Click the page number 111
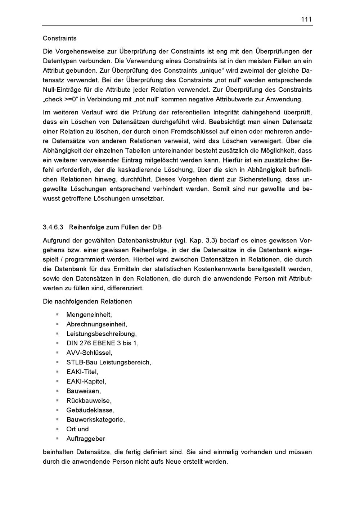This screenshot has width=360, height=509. click(306, 19)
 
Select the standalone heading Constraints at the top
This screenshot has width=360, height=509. click(59, 38)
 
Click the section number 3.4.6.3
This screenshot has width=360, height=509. click(53, 227)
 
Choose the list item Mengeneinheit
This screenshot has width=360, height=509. click(89, 315)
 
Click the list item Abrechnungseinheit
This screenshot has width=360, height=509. click(96, 324)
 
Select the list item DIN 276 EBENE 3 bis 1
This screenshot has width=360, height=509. click(102, 344)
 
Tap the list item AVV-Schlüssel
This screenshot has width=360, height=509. click(89, 353)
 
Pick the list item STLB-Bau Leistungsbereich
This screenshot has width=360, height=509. click(108, 363)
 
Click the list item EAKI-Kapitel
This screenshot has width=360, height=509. click(86, 382)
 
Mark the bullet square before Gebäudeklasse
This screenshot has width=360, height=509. click(58, 410)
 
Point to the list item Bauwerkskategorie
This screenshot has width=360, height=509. click(95, 420)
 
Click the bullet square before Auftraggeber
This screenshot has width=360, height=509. click(58, 439)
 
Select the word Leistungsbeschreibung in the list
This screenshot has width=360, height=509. click(101, 334)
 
